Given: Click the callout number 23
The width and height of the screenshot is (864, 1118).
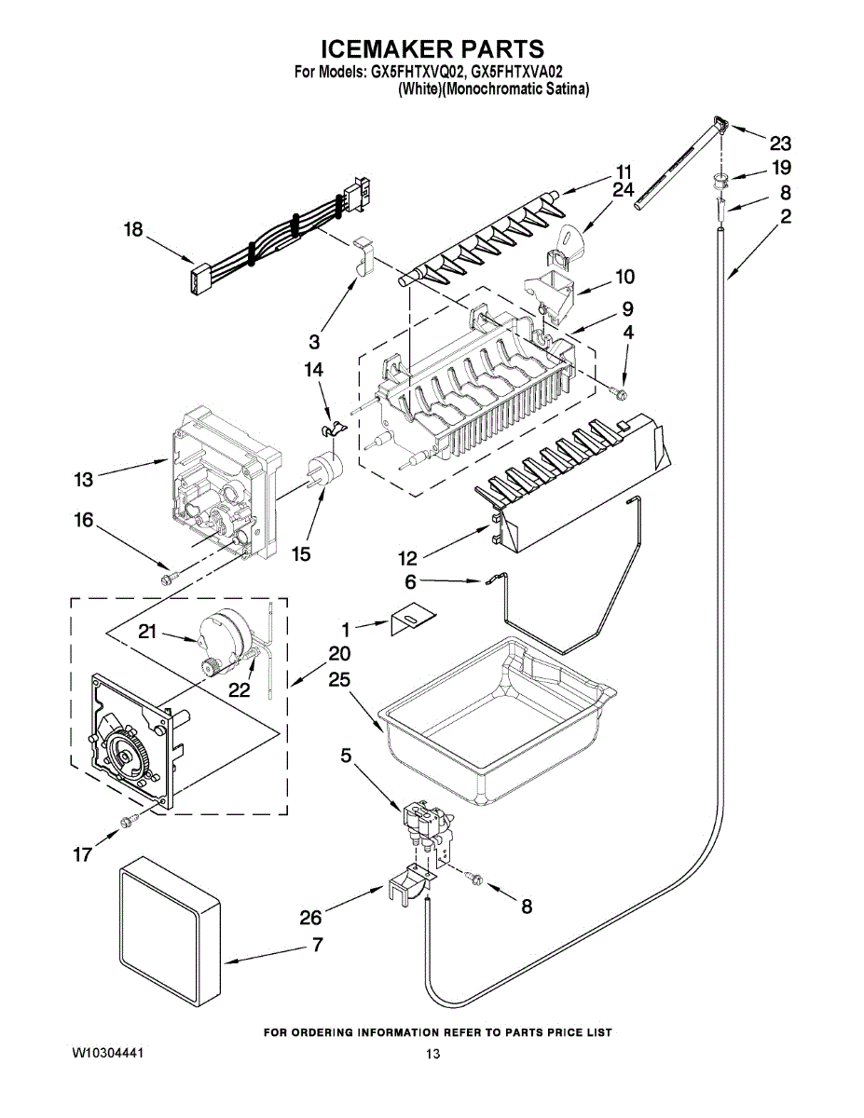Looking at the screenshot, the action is click(780, 143).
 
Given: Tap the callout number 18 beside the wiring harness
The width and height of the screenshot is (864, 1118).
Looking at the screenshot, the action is click(133, 229).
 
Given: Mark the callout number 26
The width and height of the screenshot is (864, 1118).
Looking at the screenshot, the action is click(310, 918).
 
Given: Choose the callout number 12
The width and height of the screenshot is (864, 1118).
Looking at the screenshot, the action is click(407, 558).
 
